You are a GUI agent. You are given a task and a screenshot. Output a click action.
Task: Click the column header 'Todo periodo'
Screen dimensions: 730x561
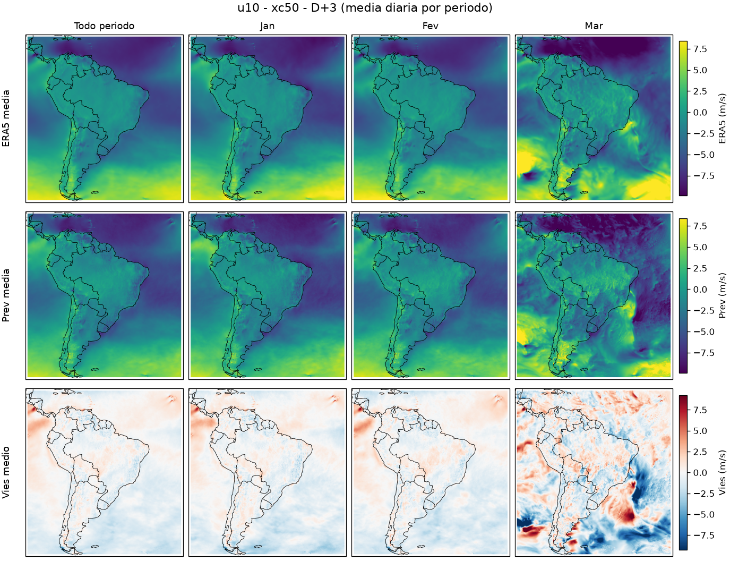pos(104,26)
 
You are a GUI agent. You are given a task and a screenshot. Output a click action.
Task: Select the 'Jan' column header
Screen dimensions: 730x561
pos(267,26)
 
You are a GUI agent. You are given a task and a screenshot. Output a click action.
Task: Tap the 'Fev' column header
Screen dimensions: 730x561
pos(431,26)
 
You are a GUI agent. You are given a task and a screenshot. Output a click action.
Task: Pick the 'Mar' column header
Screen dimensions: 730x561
pos(594,26)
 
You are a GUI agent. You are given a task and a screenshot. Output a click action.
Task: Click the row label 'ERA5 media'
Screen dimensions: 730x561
pos(6,118)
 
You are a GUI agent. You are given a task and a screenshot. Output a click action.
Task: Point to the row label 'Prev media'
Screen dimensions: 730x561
pos(6,295)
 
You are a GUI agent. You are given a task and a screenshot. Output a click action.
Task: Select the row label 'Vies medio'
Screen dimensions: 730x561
pos(6,472)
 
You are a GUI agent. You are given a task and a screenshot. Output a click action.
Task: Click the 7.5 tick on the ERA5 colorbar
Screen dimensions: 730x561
pos(700,49)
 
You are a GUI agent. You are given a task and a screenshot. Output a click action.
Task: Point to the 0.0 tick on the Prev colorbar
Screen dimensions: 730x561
pos(700,290)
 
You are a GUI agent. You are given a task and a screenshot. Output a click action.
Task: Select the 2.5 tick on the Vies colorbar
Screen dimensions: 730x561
pos(700,452)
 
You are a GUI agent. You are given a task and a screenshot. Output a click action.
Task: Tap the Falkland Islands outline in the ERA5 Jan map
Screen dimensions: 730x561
pos(258,192)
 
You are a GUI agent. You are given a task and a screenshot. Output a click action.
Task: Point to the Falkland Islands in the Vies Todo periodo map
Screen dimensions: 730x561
pos(95,546)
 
